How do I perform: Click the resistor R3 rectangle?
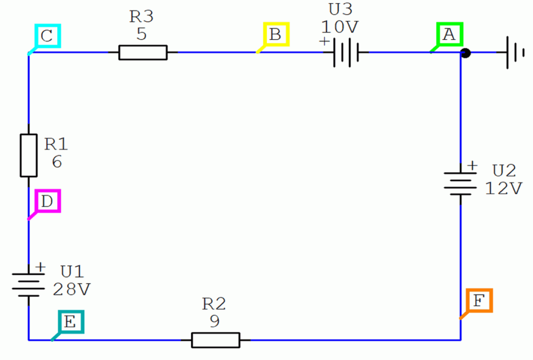tap(143, 53)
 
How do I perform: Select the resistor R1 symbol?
tap(29, 156)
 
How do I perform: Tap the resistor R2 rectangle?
tap(215, 340)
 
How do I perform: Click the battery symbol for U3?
tap(346, 53)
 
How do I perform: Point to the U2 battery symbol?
tap(460, 184)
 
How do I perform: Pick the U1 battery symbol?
tap(29, 285)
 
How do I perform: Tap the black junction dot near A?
tap(465, 53)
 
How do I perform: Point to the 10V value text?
tap(339, 27)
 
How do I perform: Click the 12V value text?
tap(503, 188)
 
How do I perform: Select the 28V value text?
tap(72, 289)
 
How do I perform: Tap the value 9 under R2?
tap(214, 320)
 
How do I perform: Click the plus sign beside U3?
tap(324, 41)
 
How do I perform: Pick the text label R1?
tap(56, 144)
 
